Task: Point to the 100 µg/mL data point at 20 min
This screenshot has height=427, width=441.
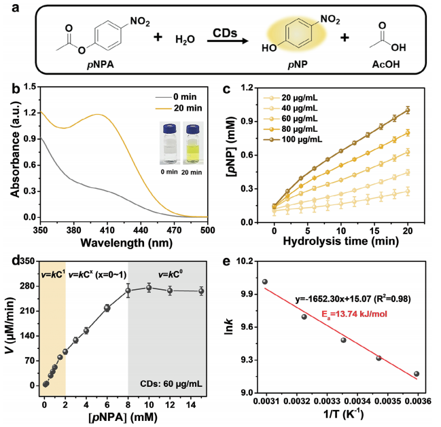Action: pyautogui.click(x=408, y=110)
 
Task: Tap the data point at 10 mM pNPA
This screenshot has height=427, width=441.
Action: pyautogui.click(x=149, y=288)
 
